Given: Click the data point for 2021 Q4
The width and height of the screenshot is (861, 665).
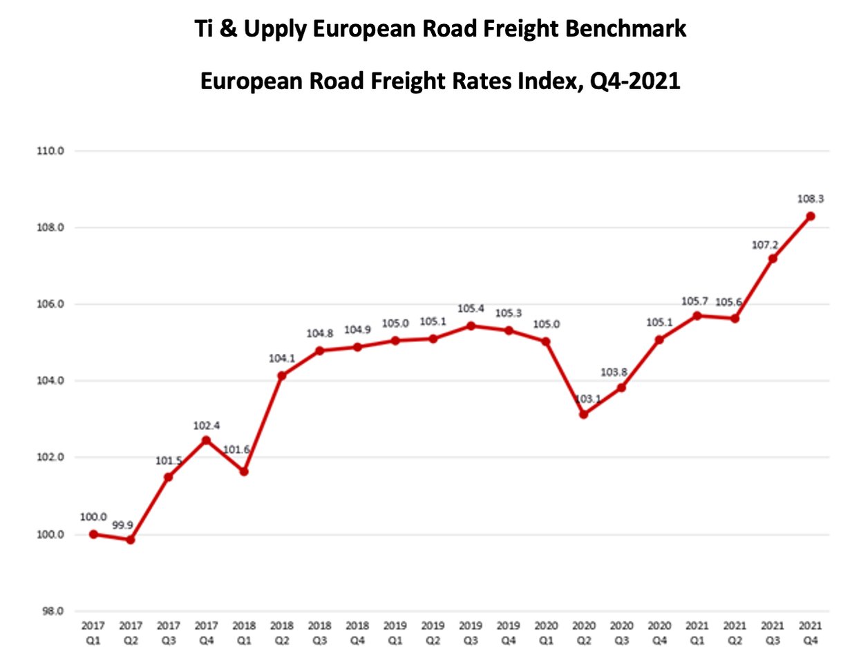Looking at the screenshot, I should click(811, 216).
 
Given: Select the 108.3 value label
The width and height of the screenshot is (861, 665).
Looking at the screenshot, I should click(811, 199).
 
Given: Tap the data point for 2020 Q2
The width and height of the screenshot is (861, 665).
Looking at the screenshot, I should click(584, 414).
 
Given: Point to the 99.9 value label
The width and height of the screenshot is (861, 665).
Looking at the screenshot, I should click(122, 525).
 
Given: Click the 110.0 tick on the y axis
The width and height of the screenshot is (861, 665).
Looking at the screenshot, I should click(50, 151).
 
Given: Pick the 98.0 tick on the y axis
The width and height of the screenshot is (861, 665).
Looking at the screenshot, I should click(50, 611).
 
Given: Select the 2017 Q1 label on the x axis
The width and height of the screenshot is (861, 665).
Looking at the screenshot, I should click(93, 633).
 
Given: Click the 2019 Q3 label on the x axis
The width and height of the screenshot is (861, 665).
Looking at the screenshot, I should click(471, 633).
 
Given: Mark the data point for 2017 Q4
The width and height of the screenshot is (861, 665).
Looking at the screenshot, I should click(206, 440).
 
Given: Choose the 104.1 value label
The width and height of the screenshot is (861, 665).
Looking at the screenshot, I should click(282, 358).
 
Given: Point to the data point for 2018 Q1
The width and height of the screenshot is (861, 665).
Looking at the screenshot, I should click(244, 471).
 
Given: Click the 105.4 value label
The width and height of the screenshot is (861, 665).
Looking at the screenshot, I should click(471, 308).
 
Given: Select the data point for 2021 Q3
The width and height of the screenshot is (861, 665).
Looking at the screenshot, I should click(773, 259).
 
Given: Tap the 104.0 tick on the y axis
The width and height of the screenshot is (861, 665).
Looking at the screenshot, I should click(50, 381).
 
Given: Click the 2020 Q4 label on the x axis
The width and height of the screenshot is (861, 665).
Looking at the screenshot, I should click(659, 633).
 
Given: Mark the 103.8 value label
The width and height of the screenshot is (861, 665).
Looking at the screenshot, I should click(614, 372).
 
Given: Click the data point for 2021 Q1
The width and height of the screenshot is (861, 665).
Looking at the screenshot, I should click(697, 315).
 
